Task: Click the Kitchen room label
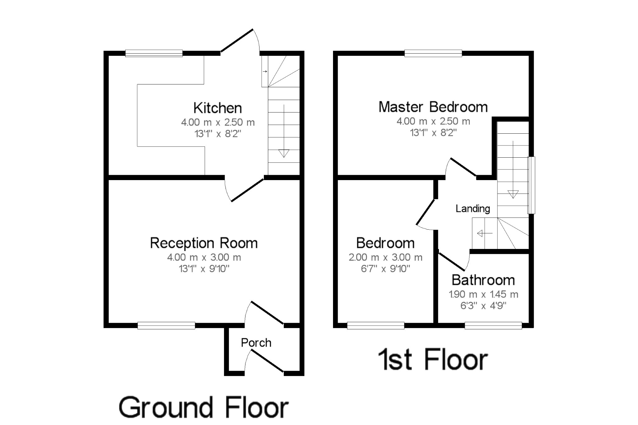tap(217, 108)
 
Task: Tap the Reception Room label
tap(204, 243)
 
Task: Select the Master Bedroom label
tap(433, 107)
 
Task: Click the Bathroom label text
tap(483, 280)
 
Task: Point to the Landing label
tap(473, 208)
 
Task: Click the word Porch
tap(256, 343)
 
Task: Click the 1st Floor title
tap(433, 360)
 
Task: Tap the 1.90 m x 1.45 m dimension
tap(483, 294)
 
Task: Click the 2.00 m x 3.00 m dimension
tap(385, 257)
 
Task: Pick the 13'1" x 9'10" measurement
tap(204, 269)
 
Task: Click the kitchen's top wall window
tap(154, 53)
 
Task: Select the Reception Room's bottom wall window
tap(166, 326)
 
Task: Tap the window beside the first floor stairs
tap(531, 185)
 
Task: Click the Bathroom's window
tap(493, 326)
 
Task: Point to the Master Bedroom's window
tap(433, 53)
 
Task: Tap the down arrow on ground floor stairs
tap(284, 153)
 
